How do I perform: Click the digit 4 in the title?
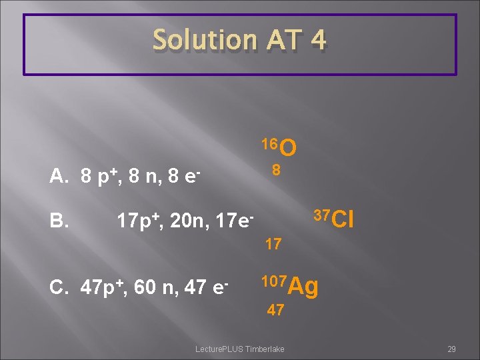pyautogui.click(x=317, y=41)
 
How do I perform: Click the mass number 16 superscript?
pyautogui.click(x=269, y=143)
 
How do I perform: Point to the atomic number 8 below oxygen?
pyautogui.click(x=275, y=171)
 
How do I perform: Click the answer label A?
pyautogui.click(x=59, y=177)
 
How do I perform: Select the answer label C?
pyautogui.click(x=58, y=287)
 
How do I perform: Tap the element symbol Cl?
pyautogui.click(x=341, y=219)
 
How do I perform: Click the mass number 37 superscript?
pyautogui.click(x=321, y=214)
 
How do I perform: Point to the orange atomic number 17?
pyautogui.click(x=273, y=244)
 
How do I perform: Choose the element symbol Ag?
pyautogui.click(x=305, y=287)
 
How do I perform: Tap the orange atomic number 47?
pyautogui.click(x=275, y=310)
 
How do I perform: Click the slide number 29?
pyautogui.click(x=451, y=349)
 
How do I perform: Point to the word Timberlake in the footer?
pyautogui.click(x=265, y=349)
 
